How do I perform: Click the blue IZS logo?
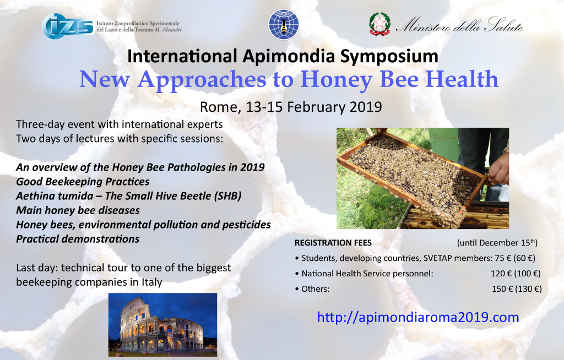[68, 26]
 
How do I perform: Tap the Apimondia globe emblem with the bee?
[284, 24]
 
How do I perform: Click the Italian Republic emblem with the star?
[379, 24]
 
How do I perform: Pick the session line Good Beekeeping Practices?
[83, 182]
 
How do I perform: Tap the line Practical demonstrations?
[78, 239]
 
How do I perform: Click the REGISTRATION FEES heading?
[333, 243]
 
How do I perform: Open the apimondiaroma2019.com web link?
[418, 317]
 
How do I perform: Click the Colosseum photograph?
[162, 325]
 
